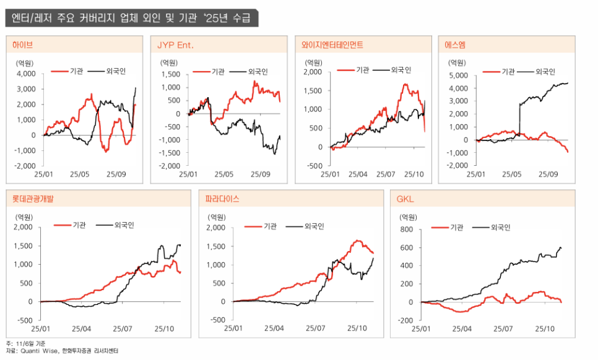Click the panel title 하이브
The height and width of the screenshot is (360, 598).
pos(23,45)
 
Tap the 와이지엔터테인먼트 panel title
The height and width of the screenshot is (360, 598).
pos(332,45)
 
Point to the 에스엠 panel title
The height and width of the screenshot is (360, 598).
pos(455,45)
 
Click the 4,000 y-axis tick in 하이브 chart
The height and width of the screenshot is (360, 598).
pos(25,74)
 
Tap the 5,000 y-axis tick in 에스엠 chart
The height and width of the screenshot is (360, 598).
pos(457,75)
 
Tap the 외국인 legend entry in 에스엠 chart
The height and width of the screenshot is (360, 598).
pos(545,71)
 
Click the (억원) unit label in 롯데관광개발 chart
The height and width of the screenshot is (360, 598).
pos(25,216)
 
